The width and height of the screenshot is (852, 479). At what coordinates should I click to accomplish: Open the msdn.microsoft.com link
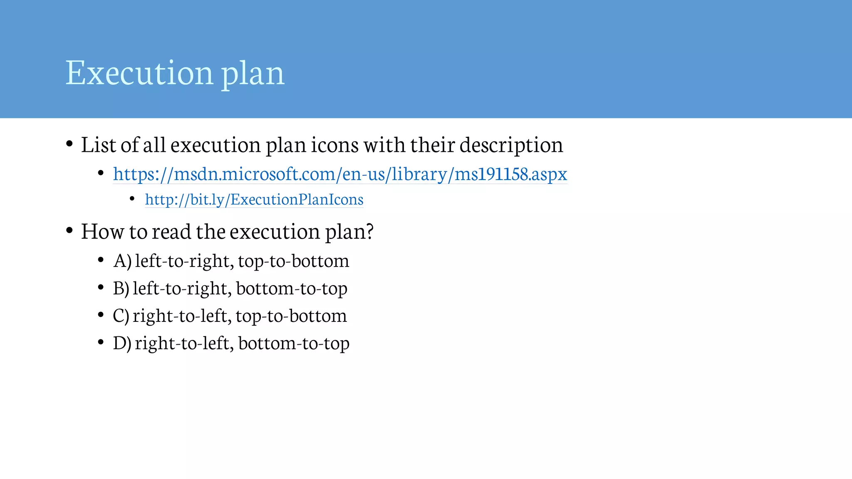(x=340, y=174)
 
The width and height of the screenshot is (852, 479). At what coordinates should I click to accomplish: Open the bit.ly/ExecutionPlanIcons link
(x=254, y=200)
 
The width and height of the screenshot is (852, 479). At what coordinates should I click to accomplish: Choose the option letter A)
(x=122, y=261)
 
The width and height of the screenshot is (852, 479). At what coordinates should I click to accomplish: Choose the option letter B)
(x=121, y=288)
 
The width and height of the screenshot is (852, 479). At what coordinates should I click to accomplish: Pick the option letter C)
(x=121, y=316)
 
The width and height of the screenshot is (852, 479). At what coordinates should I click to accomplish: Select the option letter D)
(x=122, y=343)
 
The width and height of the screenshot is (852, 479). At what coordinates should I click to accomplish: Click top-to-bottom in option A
(x=294, y=261)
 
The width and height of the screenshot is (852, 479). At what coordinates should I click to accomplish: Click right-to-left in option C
(x=181, y=316)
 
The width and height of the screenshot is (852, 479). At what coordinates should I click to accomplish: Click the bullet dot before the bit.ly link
(x=132, y=199)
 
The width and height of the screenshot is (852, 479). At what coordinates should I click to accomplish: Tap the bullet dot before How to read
(x=69, y=230)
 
